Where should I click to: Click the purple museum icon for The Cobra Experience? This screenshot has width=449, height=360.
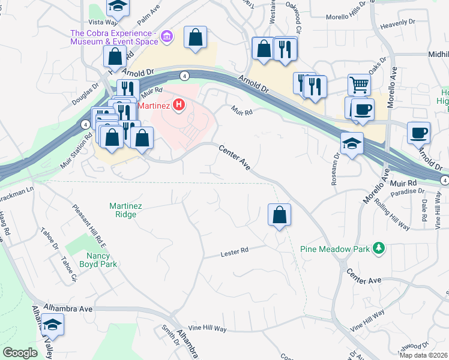point(168,38)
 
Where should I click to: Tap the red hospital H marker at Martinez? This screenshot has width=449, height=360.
point(178,106)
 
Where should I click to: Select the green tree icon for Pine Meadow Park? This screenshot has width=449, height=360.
point(378,247)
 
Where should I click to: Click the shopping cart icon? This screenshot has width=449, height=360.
point(359,85)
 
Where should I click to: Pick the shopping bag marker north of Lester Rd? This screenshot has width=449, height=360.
point(279,215)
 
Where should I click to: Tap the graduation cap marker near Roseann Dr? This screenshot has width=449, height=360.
point(351,143)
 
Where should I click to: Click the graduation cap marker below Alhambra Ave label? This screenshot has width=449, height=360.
point(53,325)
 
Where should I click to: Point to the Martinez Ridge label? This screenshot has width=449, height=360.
point(125,210)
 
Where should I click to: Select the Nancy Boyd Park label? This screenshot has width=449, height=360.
point(94,259)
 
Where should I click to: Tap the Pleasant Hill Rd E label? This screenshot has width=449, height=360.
point(89,226)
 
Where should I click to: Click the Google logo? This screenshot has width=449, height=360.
point(20,353)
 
